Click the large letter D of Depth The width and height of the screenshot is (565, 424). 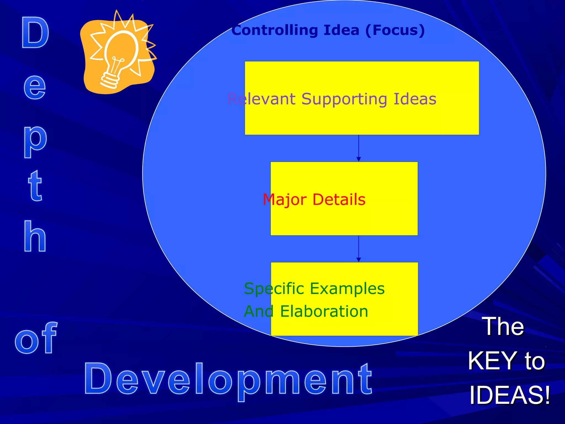click(x=35, y=33)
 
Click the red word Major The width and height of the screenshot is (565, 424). click(x=284, y=200)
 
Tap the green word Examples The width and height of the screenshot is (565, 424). click(x=347, y=289)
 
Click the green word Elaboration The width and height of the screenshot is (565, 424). click(x=324, y=311)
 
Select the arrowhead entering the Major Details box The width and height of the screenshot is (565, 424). click(x=359, y=159)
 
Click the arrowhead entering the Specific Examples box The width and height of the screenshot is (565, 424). click(x=359, y=260)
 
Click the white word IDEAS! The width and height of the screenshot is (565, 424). click(x=509, y=395)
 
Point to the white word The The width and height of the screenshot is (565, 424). click(x=503, y=326)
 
